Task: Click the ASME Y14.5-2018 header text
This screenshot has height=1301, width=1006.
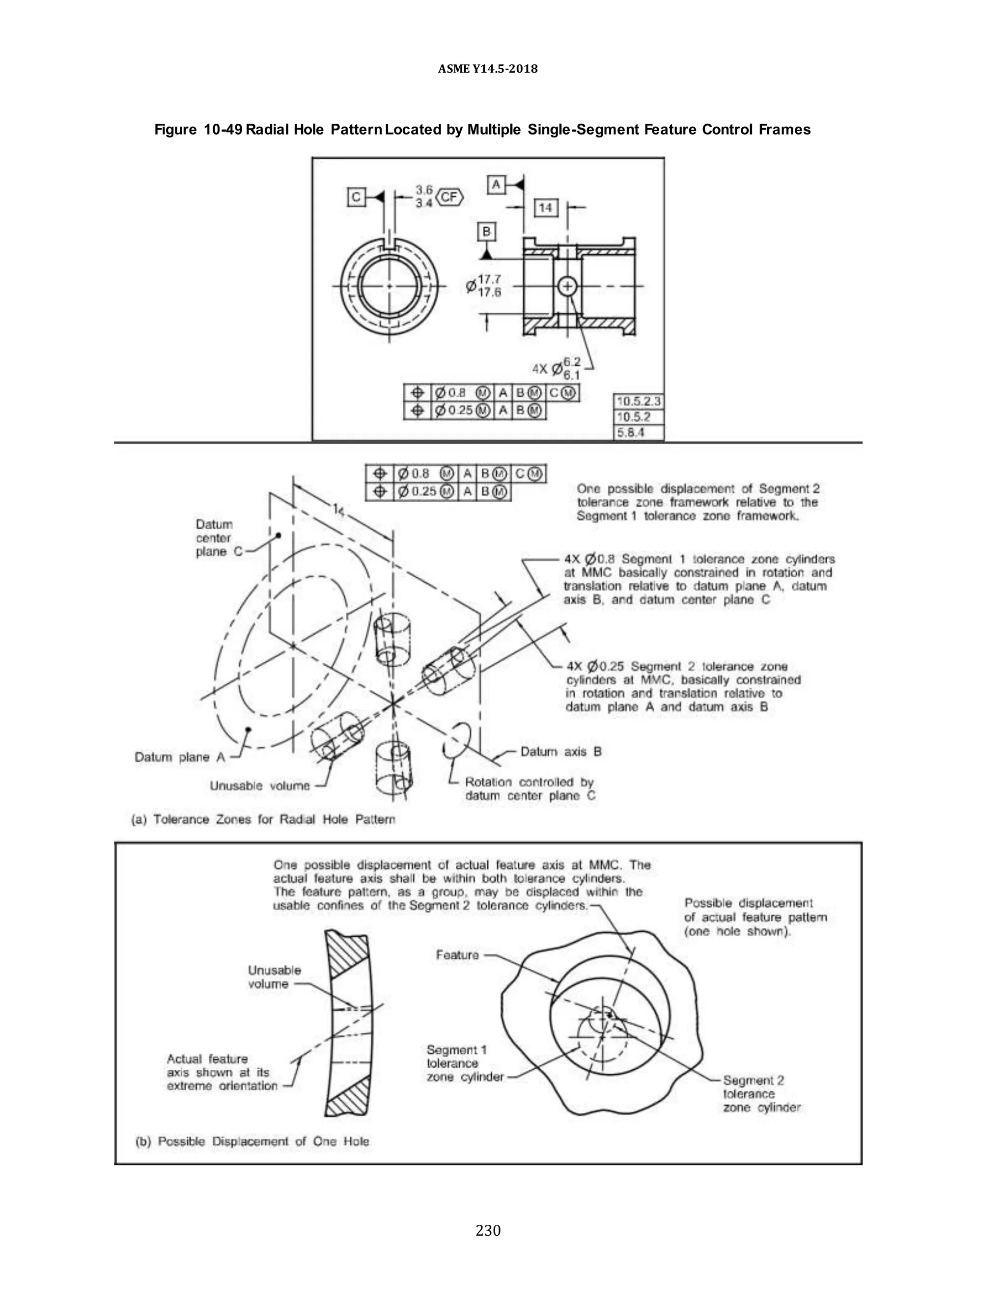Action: tap(487, 69)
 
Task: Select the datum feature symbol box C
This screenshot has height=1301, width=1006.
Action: tap(356, 197)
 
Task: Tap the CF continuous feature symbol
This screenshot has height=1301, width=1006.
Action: tap(450, 196)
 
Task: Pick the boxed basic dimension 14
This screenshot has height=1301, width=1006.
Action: tap(545, 207)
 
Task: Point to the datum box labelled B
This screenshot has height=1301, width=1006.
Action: tap(486, 231)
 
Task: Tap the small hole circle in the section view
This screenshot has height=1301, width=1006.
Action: tap(567, 287)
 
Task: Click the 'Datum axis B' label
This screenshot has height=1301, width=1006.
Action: tap(561, 752)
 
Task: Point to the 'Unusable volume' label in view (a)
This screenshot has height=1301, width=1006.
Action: tap(260, 786)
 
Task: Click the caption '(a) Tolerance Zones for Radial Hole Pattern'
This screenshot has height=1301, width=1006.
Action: tap(263, 820)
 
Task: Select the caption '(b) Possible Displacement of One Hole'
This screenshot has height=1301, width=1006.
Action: tap(252, 1141)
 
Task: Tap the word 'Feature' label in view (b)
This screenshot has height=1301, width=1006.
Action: tap(457, 955)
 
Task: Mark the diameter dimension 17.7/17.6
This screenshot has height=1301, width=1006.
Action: tap(484, 285)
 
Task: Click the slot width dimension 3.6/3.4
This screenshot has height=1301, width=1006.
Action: tap(424, 196)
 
